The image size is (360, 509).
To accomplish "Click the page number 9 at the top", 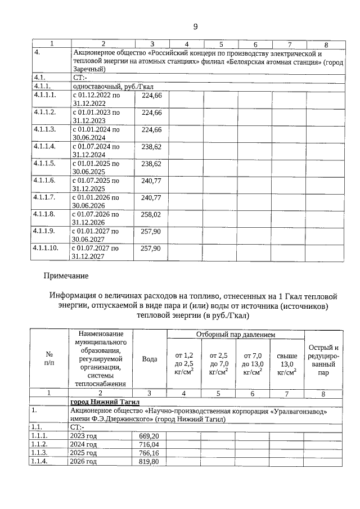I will (195, 26).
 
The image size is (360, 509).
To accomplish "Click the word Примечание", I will (66, 276).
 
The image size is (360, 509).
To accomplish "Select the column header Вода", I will (150, 358).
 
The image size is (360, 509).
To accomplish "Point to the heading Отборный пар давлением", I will (235, 335).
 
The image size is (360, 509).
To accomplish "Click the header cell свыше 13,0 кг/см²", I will (287, 363).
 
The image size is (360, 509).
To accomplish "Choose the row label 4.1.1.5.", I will (44, 164).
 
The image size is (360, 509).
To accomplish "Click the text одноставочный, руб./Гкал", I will (112, 87).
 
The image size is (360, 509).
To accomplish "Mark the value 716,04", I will (148, 444).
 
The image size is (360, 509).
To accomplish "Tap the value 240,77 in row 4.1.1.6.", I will (151, 181).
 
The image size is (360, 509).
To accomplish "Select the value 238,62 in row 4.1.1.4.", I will (151, 147).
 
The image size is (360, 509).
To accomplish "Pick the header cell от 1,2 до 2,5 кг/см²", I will (184, 363).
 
